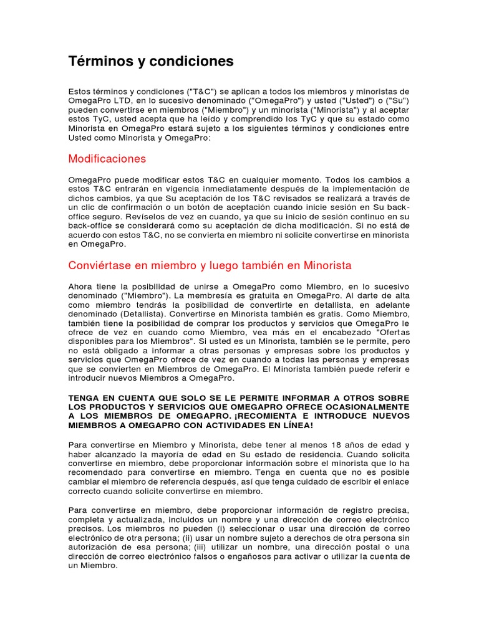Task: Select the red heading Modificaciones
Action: pyautogui.click(x=107, y=159)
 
